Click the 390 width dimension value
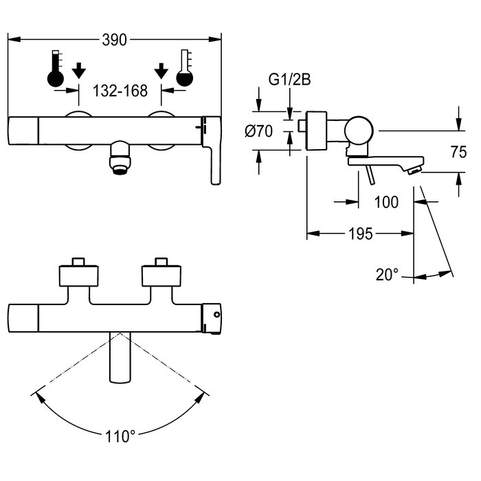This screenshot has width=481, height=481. coord(114,40)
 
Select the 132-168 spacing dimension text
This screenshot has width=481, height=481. coord(120,91)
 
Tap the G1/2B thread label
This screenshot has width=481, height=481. coord(289,80)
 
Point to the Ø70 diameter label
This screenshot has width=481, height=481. coord(258,131)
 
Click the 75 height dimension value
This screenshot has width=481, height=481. coord(458,152)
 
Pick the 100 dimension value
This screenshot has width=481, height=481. coord(386,202)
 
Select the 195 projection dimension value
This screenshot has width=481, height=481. coord(361,234)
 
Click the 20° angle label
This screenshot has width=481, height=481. coord(387,275)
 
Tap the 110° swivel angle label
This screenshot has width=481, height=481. coord(120,436)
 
